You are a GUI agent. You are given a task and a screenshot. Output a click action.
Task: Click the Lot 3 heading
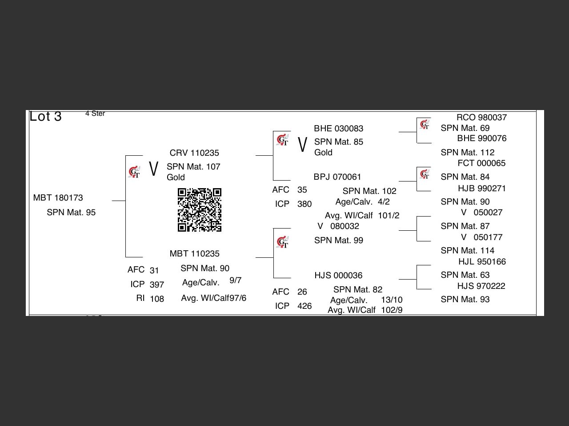tap(45, 116)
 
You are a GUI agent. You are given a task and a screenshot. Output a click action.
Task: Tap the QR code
tap(199, 210)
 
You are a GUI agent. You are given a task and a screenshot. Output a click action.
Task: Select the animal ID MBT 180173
tap(58, 198)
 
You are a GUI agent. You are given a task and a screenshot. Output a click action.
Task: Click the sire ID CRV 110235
tap(194, 153)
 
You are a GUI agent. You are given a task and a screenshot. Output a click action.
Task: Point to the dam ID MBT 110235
tap(194, 253)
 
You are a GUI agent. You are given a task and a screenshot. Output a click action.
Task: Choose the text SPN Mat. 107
tap(193, 166)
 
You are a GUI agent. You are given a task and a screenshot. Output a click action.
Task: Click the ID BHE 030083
tap(339, 129)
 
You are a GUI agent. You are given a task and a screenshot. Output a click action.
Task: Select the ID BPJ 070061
tap(337, 177)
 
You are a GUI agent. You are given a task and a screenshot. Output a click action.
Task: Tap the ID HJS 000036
tap(338, 276)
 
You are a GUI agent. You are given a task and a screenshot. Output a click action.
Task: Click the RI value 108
tap(157, 299)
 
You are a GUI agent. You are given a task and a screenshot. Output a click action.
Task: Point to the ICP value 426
tap(305, 306)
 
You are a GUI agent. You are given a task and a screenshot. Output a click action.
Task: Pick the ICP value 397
tap(157, 285)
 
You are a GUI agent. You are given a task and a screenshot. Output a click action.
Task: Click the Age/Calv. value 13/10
tap(392, 300)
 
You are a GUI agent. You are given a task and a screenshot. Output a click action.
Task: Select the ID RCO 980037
tap(481, 118)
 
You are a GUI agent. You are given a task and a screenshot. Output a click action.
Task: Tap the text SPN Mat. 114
tap(468, 251)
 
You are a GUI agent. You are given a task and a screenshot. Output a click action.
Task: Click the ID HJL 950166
tap(482, 262)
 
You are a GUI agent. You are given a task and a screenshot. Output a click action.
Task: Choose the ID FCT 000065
tap(481, 163)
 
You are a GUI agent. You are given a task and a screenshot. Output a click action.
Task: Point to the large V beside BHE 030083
tap(302, 144)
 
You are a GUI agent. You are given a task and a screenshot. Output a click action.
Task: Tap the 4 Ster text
tap(95, 114)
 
